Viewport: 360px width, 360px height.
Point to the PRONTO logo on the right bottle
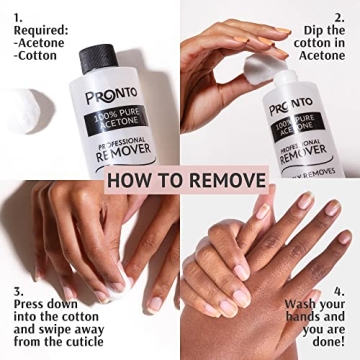[x=291, y=105]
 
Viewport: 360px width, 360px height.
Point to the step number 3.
[x=18, y=293]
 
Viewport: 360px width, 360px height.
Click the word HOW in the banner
[x=131, y=181]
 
